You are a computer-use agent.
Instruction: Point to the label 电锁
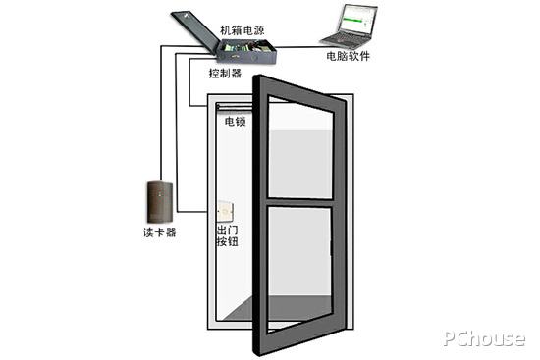pos(236,123)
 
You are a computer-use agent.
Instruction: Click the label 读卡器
pos(159,232)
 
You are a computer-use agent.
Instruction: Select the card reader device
pos(159,201)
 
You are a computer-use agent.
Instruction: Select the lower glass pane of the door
pos(300,265)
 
